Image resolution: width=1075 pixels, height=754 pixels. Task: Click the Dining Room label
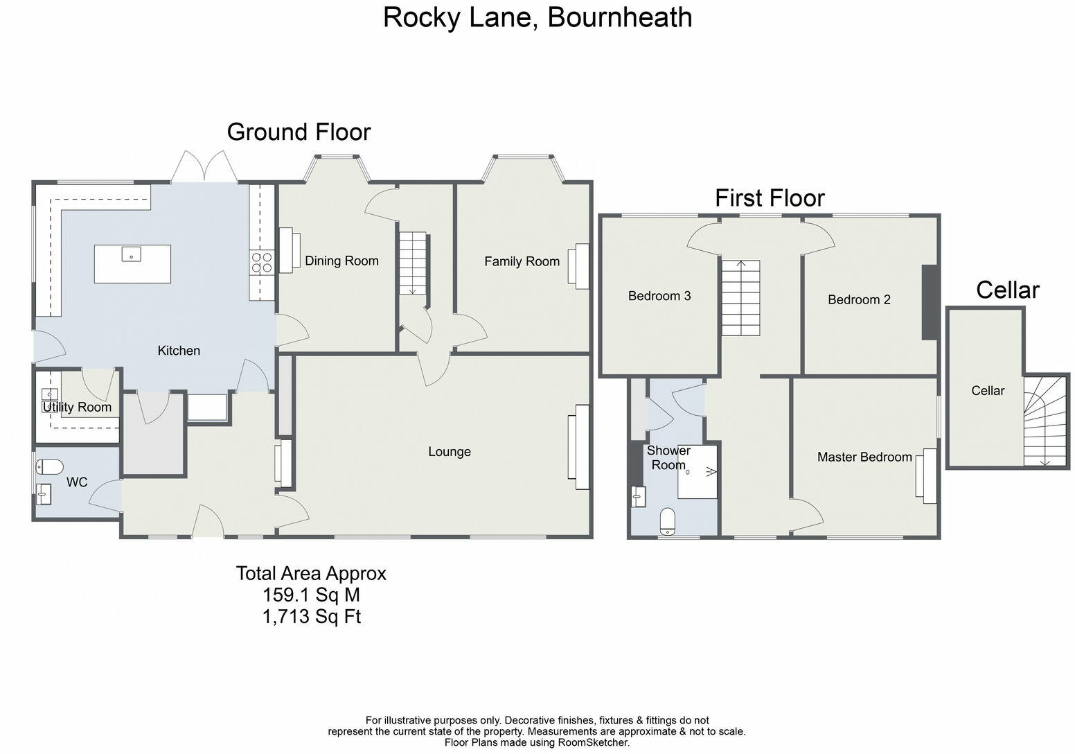pos(341,261)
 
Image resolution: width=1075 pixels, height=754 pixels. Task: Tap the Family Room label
pos(522,261)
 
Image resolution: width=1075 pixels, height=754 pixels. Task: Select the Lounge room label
pos(450,452)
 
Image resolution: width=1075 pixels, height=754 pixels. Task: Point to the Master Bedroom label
pos(864,457)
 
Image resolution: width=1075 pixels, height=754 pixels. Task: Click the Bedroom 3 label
pos(659,296)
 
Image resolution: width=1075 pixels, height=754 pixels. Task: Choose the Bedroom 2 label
pos(859,299)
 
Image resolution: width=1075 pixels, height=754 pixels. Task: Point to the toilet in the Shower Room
pos(668,521)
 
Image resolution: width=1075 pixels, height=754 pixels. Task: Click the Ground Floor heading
pos(299,132)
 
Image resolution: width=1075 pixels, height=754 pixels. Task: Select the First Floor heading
pos(770,198)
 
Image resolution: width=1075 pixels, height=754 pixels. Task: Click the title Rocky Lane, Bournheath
pos(537,17)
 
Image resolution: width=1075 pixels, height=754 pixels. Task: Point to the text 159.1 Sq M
pos(311,595)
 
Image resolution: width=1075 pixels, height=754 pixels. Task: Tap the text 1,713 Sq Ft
pos(311,616)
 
